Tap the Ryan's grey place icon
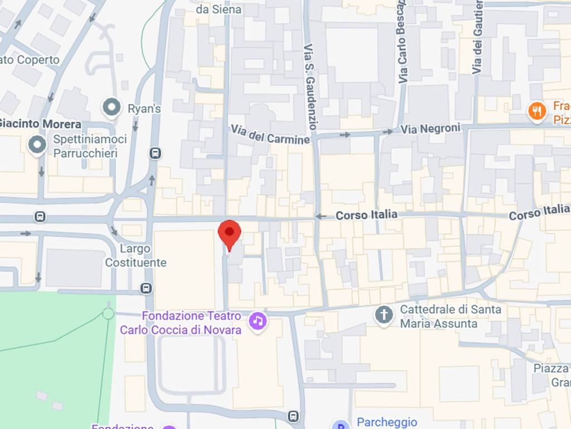pyautogui.click(x=112, y=108)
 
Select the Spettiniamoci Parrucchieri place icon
pyautogui.click(x=37, y=145)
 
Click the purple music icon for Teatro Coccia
pyautogui.click(x=258, y=321)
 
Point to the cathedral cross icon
pyautogui.click(x=384, y=315)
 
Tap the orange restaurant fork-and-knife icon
pyautogui.click(x=537, y=111)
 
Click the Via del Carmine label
pyautogui.click(x=270, y=135)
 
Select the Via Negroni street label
pyautogui.click(x=430, y=129)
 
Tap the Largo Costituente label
pyautogui.click(x=136, y=255)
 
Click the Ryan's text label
pyautogui.click(x=144, y=109)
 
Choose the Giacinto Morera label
pyautogui.click(x=40, y=124)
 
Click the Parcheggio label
pyautogui.click(x=386, y=422)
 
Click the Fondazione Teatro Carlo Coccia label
pyautogui.click(x=181, y=323)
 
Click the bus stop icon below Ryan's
pyautogui.click(x=156, y=153)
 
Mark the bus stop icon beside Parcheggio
pyautogui.click(x=293, y=416)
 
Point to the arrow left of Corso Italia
pyautogui.click(x=321, y=216)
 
